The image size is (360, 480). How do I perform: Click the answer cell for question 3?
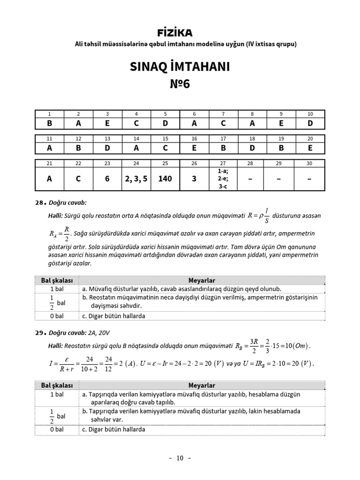point(107,123)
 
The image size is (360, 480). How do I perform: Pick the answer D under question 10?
point(310,123)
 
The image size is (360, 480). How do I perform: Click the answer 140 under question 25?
point(165,179)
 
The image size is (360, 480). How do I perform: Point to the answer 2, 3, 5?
point(136,179)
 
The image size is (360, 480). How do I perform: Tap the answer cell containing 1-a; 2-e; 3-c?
point(223,179)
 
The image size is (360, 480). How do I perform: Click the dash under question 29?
point(281,179)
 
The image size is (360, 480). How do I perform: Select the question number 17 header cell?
point(223,139)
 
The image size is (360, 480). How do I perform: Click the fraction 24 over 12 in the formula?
point(109,364)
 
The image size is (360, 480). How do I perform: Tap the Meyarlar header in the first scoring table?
point(201,280)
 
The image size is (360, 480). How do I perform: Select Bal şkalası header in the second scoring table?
point(57,385)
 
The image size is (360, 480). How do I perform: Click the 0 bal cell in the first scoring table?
point(57,316)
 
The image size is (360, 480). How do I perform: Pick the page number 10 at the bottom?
point(180,458)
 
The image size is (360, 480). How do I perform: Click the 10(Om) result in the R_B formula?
point(295,346)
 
